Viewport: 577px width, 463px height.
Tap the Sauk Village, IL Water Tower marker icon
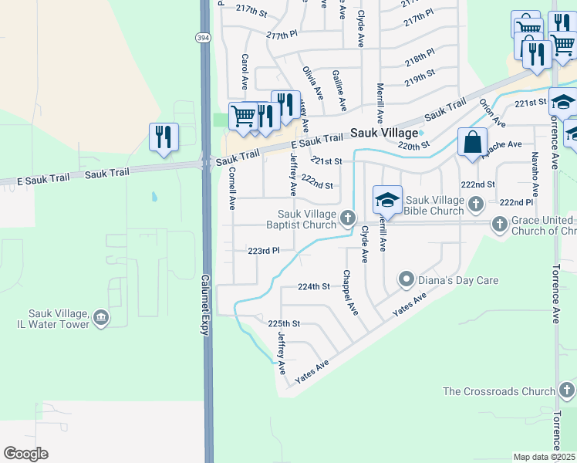click(x=101, y=318)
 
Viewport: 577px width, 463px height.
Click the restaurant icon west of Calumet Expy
click(x=164, y=137)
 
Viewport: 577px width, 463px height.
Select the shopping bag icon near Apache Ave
click(x=471, y=143)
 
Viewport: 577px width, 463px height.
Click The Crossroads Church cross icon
click(x=568, y=390)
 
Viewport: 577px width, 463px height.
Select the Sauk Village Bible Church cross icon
click(x=477, y=204)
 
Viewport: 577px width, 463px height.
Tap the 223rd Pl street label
click(x=263, y=251)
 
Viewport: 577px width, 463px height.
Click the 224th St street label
click(x=314, y=286)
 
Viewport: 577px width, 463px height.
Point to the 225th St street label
click(x=283, y=323)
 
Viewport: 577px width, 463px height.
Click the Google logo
click(x=25, y=454)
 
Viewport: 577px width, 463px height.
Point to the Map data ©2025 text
click(x=544, y=457)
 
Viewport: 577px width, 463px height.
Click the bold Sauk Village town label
click(x=384, y=133)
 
